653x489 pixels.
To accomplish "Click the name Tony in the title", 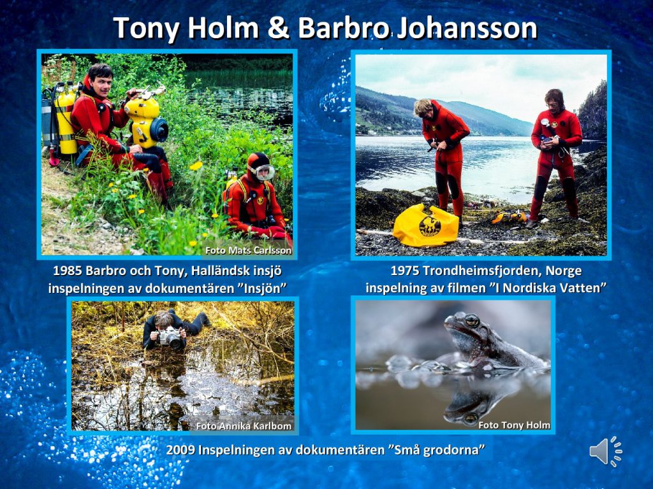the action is coord(146,28).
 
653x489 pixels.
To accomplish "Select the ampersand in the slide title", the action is coord(279,28).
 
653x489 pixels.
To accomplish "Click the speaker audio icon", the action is coord(606,451).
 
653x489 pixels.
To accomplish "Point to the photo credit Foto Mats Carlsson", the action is coord(248,250).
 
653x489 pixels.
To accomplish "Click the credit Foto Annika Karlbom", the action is coord(244,426).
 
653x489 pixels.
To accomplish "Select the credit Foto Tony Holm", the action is coord(515,425).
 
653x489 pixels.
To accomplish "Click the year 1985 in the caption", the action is coord(67,271).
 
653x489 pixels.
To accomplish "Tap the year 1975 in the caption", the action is coord(404,271).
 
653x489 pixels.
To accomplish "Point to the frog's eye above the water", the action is coord(472,320).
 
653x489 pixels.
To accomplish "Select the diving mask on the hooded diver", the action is coord(262,172).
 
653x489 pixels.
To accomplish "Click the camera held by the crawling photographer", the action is coord(171,337).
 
